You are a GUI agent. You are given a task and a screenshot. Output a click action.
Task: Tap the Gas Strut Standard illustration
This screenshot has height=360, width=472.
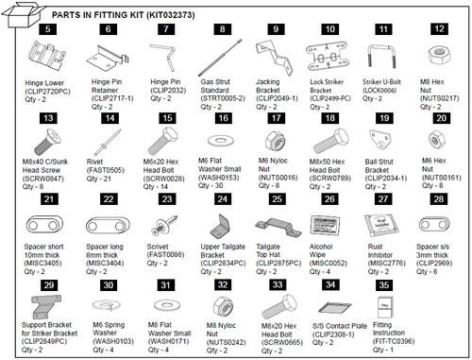click(x=223, y=60)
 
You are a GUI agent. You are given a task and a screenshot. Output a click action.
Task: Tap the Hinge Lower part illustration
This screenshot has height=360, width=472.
click(x=43, y=59)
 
